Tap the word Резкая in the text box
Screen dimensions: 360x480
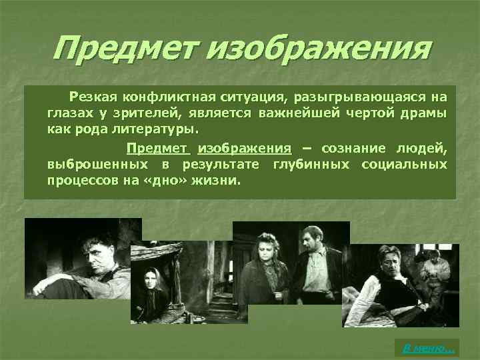pyautogui.click(x=107, y=99)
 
